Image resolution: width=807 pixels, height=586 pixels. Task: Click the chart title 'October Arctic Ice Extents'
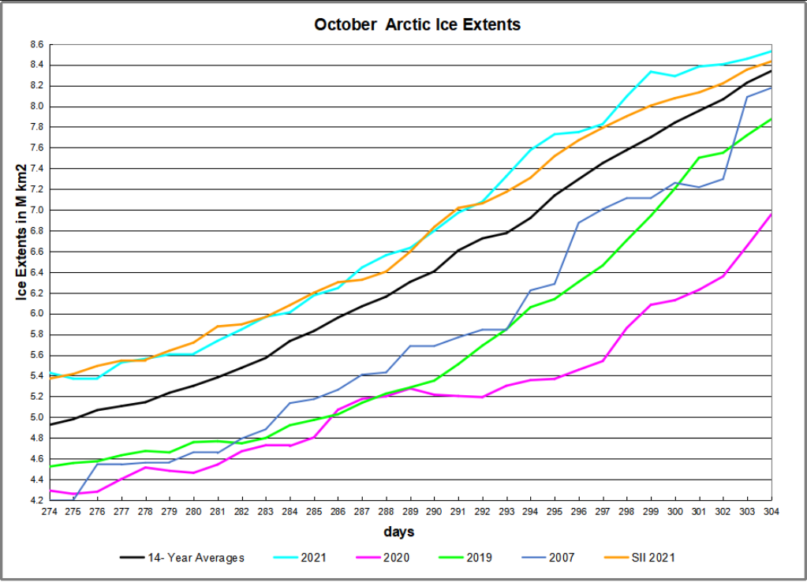tap(417, 24)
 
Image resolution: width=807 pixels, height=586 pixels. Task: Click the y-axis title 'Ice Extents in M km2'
tap(22, 232)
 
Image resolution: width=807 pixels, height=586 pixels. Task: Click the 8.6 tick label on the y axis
tap(38, 45)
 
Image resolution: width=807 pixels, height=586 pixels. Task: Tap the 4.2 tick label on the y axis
tap(38, 500)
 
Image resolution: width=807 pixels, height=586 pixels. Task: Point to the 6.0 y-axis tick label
tap(38, 314)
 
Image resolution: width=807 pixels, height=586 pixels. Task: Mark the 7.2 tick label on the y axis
tap(38, 190)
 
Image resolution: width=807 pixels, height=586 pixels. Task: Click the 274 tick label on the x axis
tap(50, 511)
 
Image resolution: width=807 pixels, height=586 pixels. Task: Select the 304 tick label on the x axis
tap(771, 511)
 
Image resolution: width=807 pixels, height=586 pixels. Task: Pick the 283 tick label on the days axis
tap(267, 511)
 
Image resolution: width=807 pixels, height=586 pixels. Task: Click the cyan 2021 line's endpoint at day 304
tap(771, 51)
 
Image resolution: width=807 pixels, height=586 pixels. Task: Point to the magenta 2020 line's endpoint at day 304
tap(771, 214)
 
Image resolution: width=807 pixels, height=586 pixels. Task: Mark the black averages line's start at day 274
tap(50, 424)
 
